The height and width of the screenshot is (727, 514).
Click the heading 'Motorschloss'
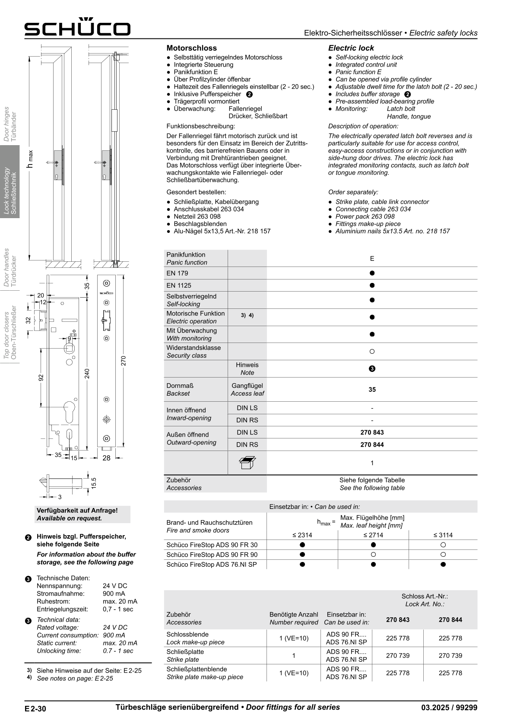[x=191, y=48]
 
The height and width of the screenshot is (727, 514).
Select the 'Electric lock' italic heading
[x=351, y=48]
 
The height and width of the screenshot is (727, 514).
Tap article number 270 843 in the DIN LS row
[x=372, y=432]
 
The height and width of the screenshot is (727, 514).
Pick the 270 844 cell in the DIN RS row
[x=372, y=444]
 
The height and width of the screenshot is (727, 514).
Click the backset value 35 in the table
[x=372, y=390]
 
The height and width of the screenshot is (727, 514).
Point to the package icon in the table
[x=247, y=463]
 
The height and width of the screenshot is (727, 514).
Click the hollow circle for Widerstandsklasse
[x=372, y=352]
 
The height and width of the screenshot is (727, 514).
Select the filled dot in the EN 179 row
[x=372, y=273]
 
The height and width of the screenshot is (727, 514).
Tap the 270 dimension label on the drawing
[x=123, y=361]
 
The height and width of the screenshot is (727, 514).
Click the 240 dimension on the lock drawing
[x=87, y=373]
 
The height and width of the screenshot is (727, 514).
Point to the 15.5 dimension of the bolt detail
[x=94, y=483]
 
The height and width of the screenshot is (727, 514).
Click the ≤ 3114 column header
[x=443, y=535]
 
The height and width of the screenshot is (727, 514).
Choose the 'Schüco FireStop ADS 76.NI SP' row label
[x=212, y=565]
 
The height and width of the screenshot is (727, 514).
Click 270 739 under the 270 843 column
[x=397, y=655]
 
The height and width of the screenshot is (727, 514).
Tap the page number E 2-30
[x=35, y=709]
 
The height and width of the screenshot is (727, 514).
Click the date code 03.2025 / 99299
[x=449, y=708]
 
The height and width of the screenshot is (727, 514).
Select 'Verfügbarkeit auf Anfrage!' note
[x=77, y=511]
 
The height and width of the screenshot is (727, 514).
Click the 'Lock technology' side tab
[x=10, y=181]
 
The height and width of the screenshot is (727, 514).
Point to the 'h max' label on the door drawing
[x=30, y=159]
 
